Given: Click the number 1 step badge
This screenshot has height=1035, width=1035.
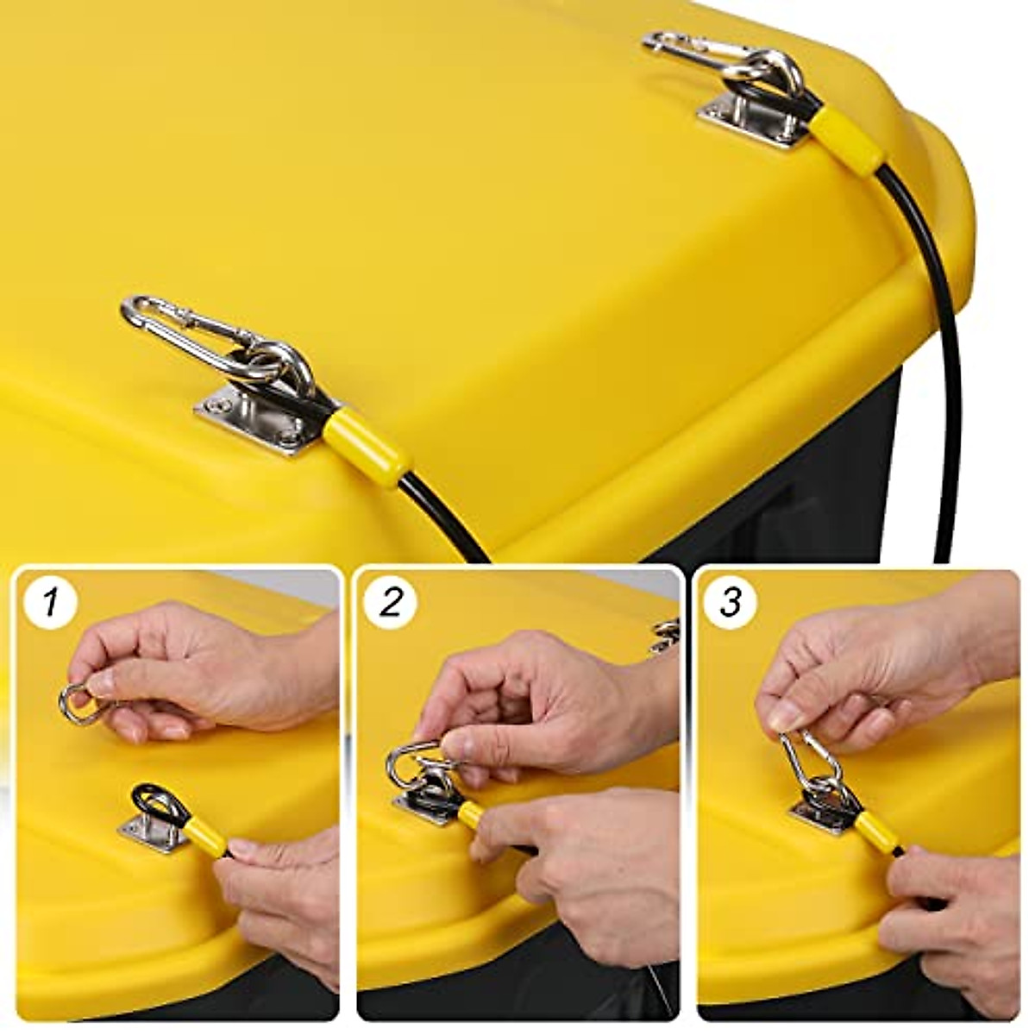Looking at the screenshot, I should click(x=51, y=601).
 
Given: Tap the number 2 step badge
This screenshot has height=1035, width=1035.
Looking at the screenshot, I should click(x=391, y=601).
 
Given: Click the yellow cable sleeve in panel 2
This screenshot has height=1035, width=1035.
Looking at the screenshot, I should click(x=474, y=816).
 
